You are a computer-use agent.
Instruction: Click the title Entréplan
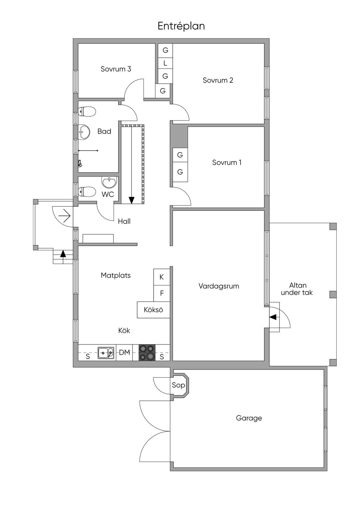[181, 26]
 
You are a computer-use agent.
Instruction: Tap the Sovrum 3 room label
[116, 69]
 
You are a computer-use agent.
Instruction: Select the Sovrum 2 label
[218, 80]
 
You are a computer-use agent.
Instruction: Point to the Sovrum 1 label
[227, 162]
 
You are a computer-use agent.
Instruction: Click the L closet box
[165, 63]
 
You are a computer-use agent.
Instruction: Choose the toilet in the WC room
[87, 192]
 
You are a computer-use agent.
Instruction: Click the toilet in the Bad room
[87, 112]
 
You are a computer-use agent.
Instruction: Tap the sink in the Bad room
[84, 132]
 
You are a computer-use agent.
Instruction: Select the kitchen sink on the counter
[106, 352]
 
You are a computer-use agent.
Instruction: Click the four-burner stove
[147, 352]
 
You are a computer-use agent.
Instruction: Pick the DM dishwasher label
[124, 352]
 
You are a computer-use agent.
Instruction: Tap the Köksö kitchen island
[153, 310]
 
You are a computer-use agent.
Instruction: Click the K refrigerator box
[162, 277]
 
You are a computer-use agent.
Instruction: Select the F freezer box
[162, 293]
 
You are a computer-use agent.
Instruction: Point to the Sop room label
[178, 385]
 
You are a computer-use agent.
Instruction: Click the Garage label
[249, 418]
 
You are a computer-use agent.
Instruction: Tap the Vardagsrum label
[219, 286]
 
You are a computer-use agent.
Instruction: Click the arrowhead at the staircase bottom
[131, 200]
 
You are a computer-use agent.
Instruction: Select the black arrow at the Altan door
[273, 317]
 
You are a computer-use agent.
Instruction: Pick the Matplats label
[116, 275]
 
